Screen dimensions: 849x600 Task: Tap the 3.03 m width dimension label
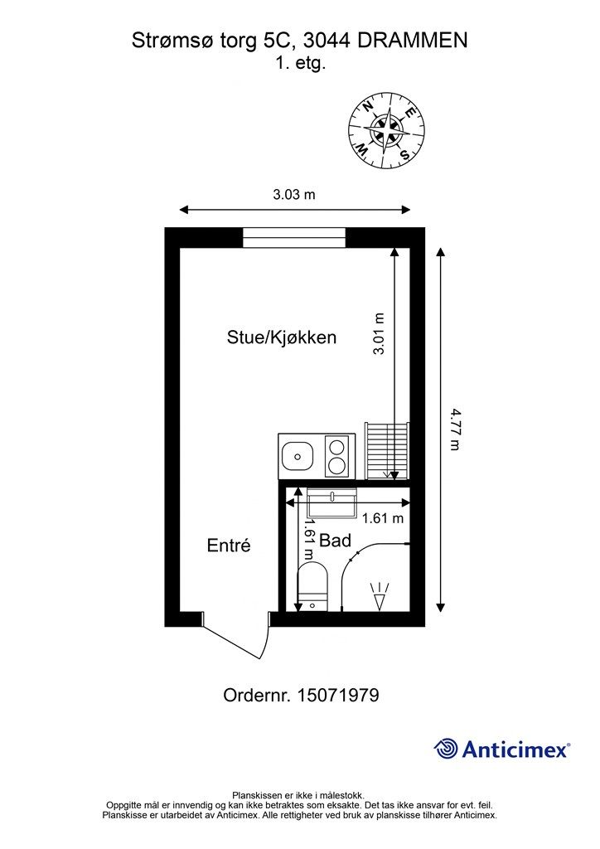tap(294, 195)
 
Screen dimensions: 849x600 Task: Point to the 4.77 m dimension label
tap(454, 428)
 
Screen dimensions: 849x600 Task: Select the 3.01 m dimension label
tap(380, 334)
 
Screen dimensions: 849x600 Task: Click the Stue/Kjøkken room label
tap(281, 337)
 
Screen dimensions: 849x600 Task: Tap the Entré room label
tap(228, 546)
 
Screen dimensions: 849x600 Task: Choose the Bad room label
tap(335, 541)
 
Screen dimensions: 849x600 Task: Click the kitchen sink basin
tap(296, 455)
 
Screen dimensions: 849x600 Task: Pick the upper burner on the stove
tap(337, 447)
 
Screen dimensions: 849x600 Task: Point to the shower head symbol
tap(380, 596)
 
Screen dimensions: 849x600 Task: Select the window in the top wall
tap(294, 237)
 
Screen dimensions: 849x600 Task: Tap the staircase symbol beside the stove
tap(387, 450)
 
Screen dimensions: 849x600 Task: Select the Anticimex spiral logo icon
tap(447, 749)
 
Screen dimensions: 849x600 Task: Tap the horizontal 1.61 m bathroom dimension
tap(383, 519)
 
